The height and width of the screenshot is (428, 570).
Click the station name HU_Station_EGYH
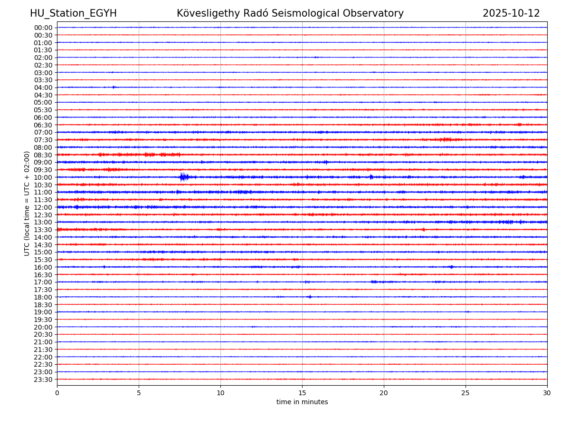[73, 13]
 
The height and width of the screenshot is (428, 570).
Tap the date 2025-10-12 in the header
[511, 13]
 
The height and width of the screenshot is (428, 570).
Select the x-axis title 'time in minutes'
[302, 402]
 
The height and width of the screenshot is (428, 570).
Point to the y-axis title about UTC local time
[27, 204]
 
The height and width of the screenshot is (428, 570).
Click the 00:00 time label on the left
[43, 28]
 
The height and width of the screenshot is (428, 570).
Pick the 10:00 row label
[43, 177]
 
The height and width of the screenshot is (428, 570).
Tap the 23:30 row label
[43, 379]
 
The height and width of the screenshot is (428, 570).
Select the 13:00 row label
[43, 222]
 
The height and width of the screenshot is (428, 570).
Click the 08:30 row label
[43, 155]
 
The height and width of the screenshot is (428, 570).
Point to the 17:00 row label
[43, 282]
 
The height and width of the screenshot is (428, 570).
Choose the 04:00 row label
[43, 88]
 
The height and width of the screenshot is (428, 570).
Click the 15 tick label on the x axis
[302, 393]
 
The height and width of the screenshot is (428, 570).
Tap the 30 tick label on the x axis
[547, 393]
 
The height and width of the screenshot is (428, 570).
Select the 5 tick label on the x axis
[139, 393]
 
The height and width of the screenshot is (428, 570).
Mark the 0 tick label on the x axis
[57, 393]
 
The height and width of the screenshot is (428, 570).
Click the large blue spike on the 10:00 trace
[183, 177]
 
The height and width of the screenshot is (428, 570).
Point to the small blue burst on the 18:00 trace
[310, 297]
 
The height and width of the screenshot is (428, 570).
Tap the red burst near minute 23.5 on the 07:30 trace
[446, 140]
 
